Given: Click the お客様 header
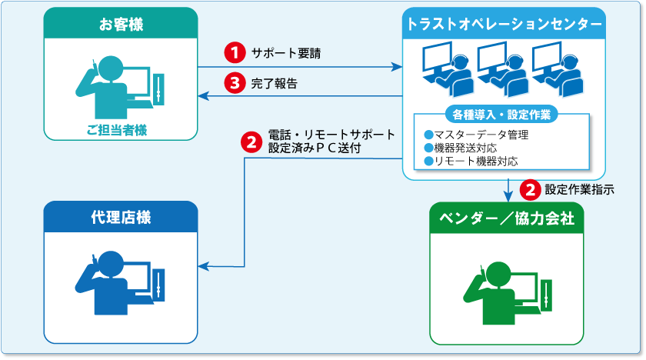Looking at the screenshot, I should tap(121, 26).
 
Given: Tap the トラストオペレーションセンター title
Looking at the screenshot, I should tap(504, 25).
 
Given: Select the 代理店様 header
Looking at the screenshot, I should tap(121, 218).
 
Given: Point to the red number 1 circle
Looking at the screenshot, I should tap(233, 53).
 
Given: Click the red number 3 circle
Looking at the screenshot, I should tap(233, 82).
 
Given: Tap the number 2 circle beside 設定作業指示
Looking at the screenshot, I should tap(530, 188).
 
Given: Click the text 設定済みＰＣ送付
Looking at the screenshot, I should tap(314, 148).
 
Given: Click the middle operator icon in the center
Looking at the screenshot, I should tap(502, 70).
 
